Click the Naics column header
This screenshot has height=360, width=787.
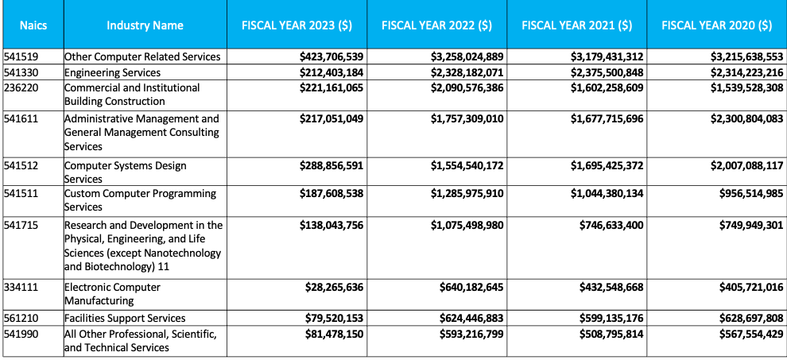click(x=33, y=25)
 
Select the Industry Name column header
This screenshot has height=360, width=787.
click(x=145, y=25)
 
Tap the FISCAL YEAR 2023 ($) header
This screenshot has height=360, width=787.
click(x=297, y=25)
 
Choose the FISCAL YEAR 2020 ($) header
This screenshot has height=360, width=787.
click(x=717, y=25)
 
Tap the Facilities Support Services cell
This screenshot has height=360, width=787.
click(x=125, y=319)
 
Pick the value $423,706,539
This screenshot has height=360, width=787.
click(x=331, y=56)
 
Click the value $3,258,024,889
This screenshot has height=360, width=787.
click(x=467, y=56)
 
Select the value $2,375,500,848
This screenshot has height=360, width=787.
click(x=607, y=72)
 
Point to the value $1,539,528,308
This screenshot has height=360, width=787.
click(x=746, y=88)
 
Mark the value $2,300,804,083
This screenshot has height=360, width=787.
click(x=746, y=119)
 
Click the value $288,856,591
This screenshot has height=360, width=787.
click(x=331, y=165)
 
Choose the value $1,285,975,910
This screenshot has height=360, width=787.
click(x=467, y=193)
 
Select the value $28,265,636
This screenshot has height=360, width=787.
click(x=334, y=288)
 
